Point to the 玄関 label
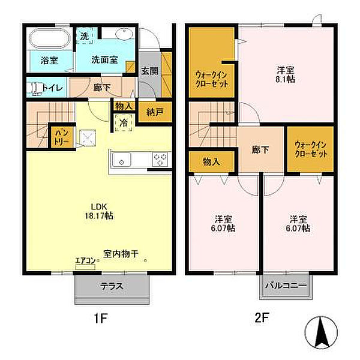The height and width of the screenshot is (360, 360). point(149,70)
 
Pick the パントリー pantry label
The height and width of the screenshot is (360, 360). point(62,136)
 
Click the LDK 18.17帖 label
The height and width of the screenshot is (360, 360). point(100,211)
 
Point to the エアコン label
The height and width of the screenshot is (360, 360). point(83,262)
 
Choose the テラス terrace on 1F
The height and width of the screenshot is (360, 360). point(111,286)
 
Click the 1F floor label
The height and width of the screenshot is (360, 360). point(100,319)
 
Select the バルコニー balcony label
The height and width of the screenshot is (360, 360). point(286,286)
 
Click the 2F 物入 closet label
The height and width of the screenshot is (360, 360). point(211,161)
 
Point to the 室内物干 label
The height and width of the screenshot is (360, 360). point(121,254)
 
